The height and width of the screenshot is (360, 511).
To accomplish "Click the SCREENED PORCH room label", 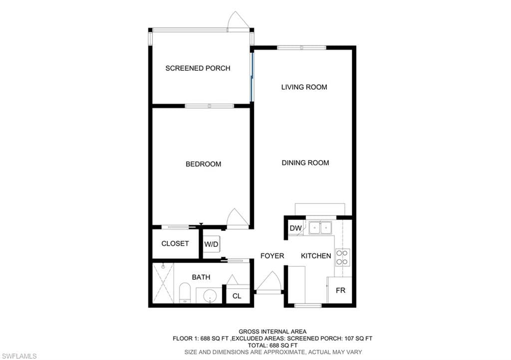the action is pos(198,68).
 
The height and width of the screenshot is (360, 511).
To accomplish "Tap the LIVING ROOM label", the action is pos(304,87).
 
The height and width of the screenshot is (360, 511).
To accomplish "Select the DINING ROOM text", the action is pos(305,163).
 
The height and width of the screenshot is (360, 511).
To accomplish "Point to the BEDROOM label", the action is pos(204,164).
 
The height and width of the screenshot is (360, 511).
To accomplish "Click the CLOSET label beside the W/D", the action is pos(175,243).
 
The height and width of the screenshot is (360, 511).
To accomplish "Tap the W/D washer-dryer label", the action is pos(211,244).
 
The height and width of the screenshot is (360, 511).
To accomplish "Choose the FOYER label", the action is pos(272,256).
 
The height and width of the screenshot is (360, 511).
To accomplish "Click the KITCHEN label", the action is pos(316,256).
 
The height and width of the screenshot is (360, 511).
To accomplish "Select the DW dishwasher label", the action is pos(295,228).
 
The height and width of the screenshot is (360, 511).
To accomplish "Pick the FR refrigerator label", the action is pos(340,290).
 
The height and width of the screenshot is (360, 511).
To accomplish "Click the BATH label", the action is pos(201,277).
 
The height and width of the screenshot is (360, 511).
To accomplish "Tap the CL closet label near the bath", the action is pos(237,296).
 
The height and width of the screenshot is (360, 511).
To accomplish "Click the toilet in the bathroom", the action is pos(185,292).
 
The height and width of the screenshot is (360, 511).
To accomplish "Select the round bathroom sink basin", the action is pos(210,296).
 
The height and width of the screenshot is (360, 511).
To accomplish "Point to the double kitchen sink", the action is pos(320,228).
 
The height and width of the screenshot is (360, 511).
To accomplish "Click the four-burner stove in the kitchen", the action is pos(342,257).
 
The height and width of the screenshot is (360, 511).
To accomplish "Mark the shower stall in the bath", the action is pos(163,283).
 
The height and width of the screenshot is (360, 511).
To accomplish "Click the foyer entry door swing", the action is pos(268,281).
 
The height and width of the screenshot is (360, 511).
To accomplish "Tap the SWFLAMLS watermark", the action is pos(19,356).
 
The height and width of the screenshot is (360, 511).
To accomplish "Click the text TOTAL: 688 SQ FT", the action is pos(272,346).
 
